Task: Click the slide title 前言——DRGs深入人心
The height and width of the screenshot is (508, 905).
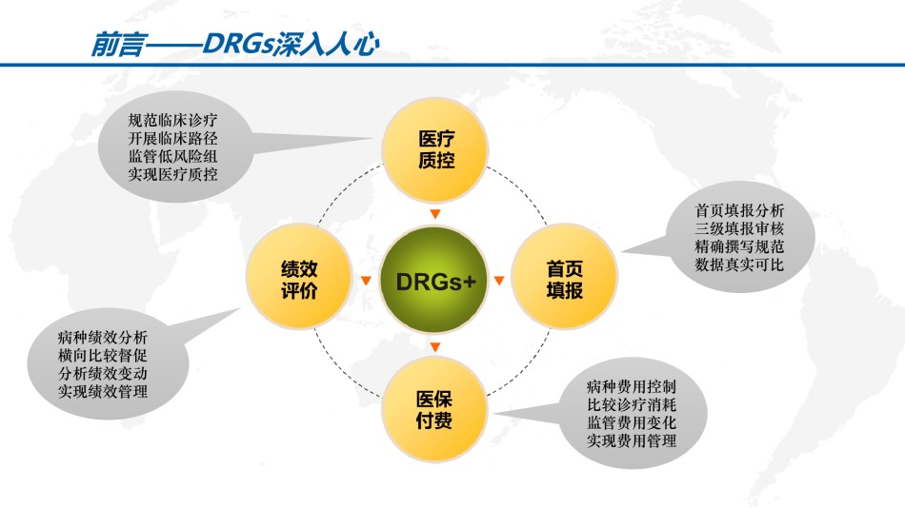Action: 235,44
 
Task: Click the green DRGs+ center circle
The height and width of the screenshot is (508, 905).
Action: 434,281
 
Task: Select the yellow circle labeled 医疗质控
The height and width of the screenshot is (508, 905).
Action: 435,150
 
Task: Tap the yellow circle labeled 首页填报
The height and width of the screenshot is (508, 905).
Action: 564,278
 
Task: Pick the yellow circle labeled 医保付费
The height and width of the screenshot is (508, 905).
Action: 434,409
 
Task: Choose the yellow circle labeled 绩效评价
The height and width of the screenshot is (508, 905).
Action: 299,278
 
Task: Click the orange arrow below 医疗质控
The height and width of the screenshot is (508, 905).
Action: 435,214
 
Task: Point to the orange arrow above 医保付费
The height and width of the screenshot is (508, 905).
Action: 435,346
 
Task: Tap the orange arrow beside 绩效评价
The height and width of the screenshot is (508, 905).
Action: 366,281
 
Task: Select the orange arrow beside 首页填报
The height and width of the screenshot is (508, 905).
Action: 499,281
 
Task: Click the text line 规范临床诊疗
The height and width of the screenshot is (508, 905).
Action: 172,120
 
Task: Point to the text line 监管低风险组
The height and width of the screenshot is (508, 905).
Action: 172,156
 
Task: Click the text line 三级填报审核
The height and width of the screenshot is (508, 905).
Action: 739,228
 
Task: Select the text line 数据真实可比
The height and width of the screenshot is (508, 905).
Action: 739,264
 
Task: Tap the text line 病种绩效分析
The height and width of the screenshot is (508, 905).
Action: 103,338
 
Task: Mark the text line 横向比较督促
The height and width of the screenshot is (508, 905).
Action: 103,355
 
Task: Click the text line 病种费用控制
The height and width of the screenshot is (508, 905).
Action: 631,386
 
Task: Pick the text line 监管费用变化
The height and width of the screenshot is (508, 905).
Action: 631,422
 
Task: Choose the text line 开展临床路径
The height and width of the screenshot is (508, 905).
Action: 172,138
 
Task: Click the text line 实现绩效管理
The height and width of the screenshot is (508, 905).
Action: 103,392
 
